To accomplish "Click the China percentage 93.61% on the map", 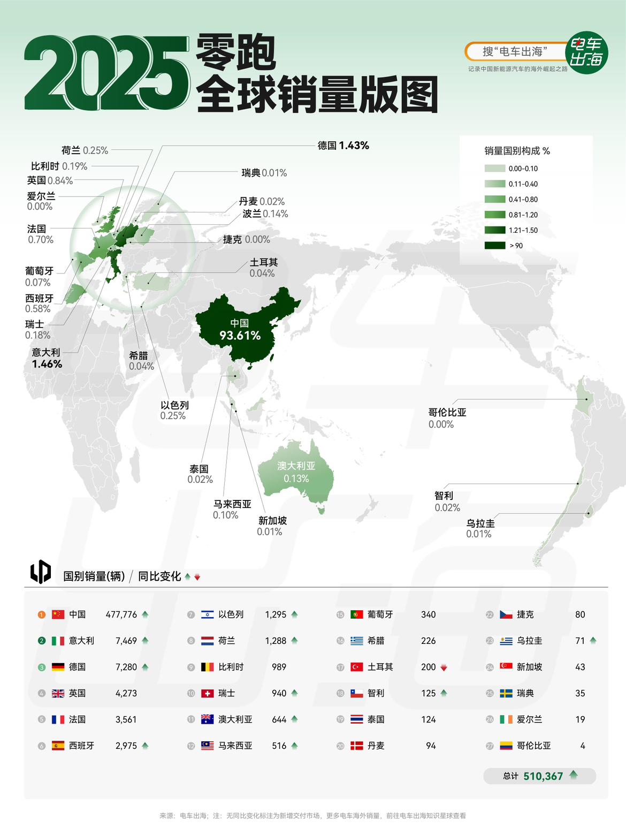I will click(240, 336).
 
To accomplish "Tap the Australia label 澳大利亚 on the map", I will click(296, 466).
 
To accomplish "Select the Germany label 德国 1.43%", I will click(343, 146).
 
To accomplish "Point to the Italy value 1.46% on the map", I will click(47, 364).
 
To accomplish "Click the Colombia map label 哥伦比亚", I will click(447, 412).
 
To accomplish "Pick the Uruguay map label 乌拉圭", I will click(480, 523).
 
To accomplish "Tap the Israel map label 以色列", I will click(174, 405).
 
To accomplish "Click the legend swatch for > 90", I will click(494, 246).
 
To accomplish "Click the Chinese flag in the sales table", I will click(58, 614).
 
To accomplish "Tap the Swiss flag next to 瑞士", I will click(208, 693).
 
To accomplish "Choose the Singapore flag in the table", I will click(506, 667).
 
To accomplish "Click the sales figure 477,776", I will click(121, 614).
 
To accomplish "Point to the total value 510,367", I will click(543, 776).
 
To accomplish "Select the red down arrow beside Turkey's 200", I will click(444, 667).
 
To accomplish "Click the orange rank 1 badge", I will click(42, 614).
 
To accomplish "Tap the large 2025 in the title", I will click(107, 73).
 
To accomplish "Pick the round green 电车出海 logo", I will click(587, 52).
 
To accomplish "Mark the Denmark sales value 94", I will click(431, 746).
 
